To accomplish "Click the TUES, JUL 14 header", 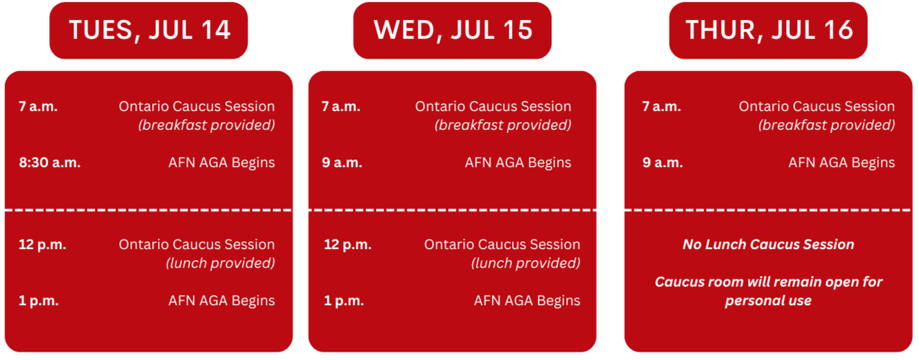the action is [148, 30].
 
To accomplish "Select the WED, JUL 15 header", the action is [452, 30].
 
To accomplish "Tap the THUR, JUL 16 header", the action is [768, 30].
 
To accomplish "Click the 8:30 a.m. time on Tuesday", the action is [50, 163].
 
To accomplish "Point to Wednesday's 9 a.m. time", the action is [342, 163].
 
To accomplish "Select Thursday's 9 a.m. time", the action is [662, 163].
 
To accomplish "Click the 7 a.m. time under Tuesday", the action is [38, 106].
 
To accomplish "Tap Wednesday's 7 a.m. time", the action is [341, 106].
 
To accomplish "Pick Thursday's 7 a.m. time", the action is [661, 106].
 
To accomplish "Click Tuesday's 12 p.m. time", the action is [43, 245].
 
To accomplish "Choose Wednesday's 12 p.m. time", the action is [348, 245].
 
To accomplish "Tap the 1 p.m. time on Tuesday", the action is [39, 301].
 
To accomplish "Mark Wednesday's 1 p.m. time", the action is [344, 301].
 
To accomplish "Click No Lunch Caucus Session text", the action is [769, 245].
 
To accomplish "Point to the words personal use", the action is [769, 301].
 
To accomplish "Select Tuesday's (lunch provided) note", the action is [221, 263].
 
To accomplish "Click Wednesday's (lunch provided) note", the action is [526, 263].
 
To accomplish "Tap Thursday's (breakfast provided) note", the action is [827, 125].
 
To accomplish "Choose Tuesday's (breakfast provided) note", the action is [207, 125].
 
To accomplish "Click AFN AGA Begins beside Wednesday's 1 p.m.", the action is [527, 301].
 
